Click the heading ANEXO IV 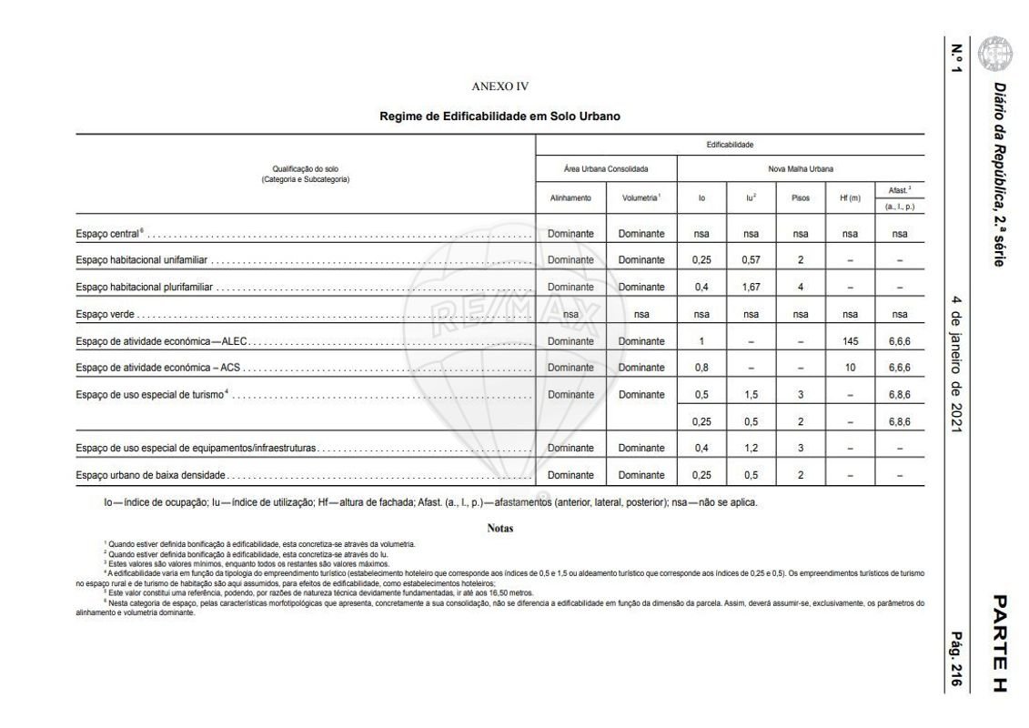pyautogui.click(x=500, y=86)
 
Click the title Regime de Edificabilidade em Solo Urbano pyautogui.click(x=500, y=117)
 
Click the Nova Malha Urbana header pyautogui.click(x=801, y=169)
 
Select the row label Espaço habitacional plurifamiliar pyautogui.click(x=144, y=288)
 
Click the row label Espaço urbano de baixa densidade pyautogui.click(x=150, y=475)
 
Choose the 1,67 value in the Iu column pyautogui.click(x=751, y=288)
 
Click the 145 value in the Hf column pyautogui.click(x=850, y=341)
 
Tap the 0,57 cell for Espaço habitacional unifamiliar pyautogui.click(x=751, y=260)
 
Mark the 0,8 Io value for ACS pyautogui.click(x=701, y=368)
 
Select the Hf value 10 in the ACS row pyautogui.click(x=850, y=368)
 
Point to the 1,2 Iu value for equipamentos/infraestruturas pyautogui.click(x=751, y=448)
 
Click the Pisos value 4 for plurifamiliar pyautogui.click(x=801, y=288)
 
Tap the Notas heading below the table pyautogui.click(x=500, y=528)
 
